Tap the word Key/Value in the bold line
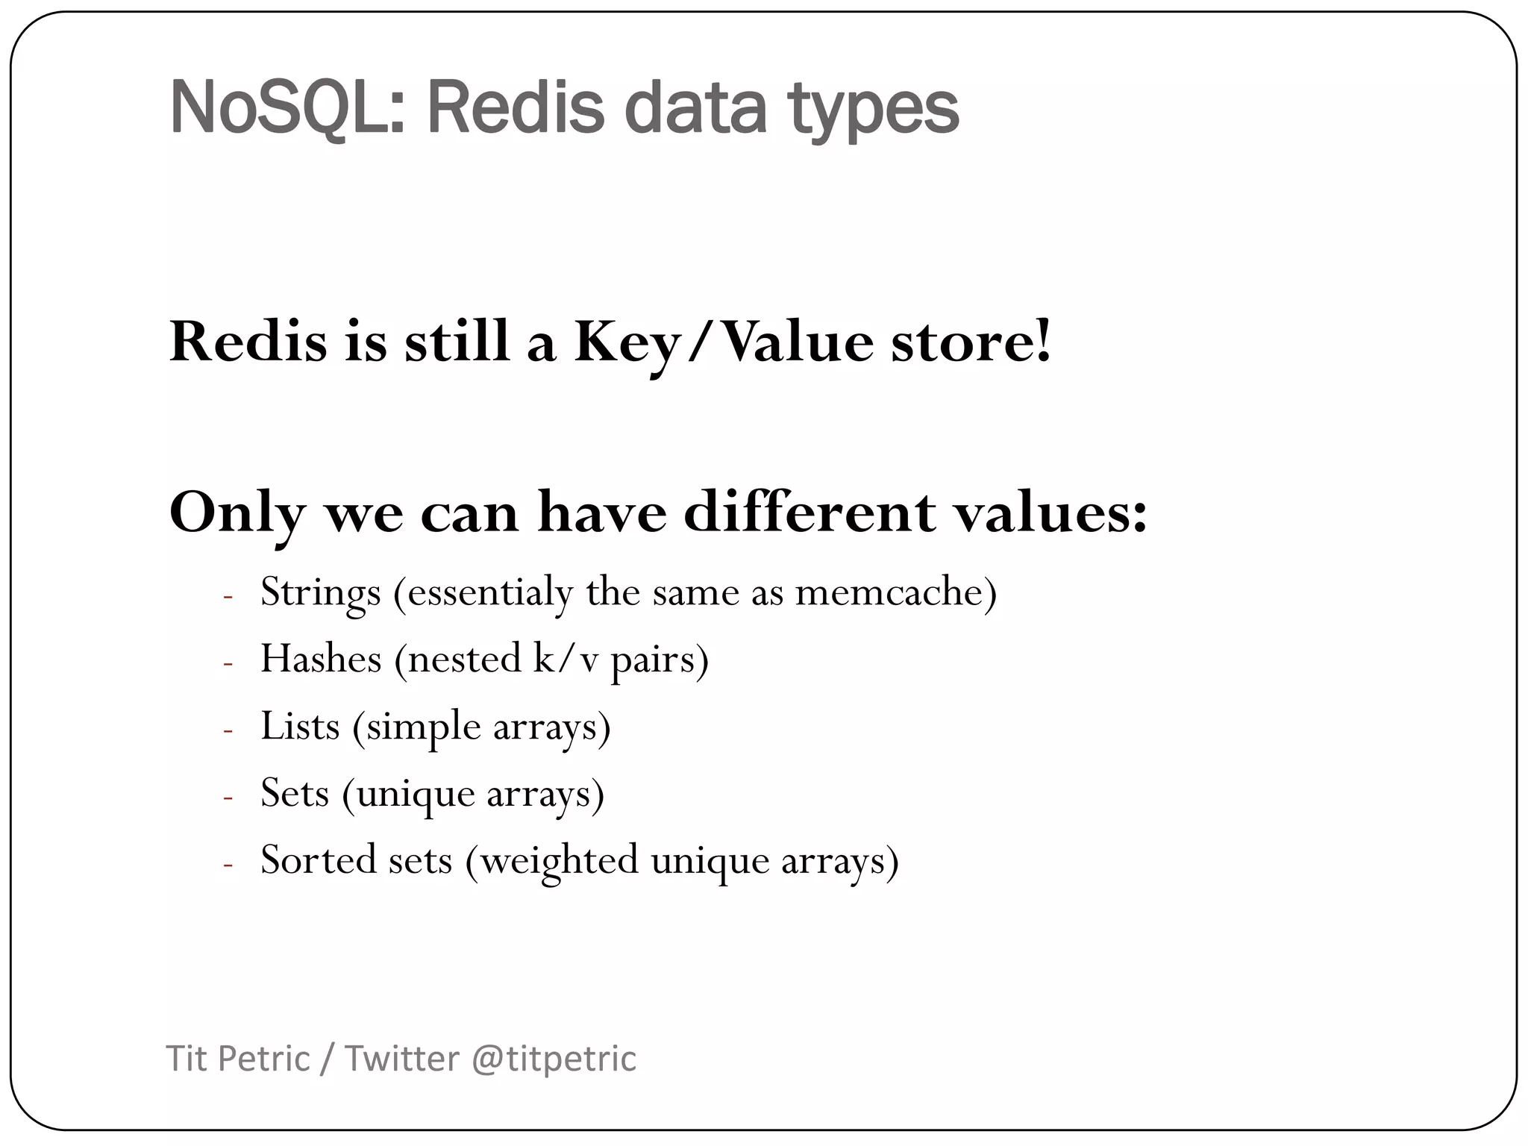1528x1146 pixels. [x=723, y=342]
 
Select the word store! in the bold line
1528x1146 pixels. [x=971, y=341]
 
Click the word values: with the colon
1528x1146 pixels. [x=1051, y=513]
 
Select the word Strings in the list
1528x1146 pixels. [x=320, y=594]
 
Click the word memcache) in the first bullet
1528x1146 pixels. [x=896, y=592]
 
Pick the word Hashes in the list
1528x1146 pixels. [x=321, y=659]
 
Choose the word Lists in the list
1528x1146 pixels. [x=300, y=726]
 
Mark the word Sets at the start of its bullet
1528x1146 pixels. [x=295, y=792]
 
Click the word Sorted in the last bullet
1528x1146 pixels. [x=319, y=859]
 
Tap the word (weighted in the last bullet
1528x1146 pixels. [x=551, y=861]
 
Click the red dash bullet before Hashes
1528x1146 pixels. [x=228, y=663]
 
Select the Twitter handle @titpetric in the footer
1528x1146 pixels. [x=554, y=1059]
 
